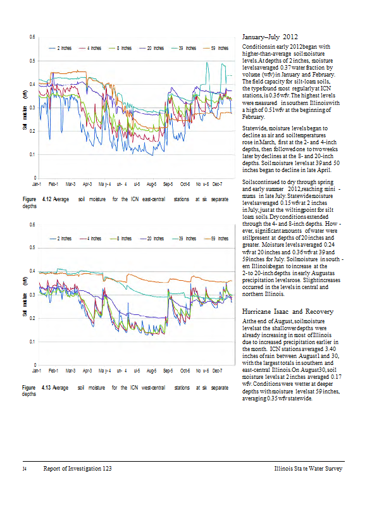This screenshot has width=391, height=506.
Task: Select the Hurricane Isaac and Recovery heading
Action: click(283, 312)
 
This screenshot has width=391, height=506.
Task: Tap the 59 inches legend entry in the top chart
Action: click(219, 48)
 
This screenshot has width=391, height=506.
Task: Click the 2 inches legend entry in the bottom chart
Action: click(65, 238)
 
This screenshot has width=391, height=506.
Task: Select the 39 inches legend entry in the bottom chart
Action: click(186, 238)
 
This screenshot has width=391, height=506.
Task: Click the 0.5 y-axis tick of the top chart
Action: click(32, 61)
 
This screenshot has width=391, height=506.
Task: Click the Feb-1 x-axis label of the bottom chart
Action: click(54, 370)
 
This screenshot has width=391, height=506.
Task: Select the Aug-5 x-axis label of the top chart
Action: click(151, 183)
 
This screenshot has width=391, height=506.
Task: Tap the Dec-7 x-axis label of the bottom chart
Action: click(217, 370)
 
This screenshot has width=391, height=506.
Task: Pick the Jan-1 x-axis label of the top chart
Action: click(37, 183)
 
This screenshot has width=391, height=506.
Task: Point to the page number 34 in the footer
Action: click(25, 469)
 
